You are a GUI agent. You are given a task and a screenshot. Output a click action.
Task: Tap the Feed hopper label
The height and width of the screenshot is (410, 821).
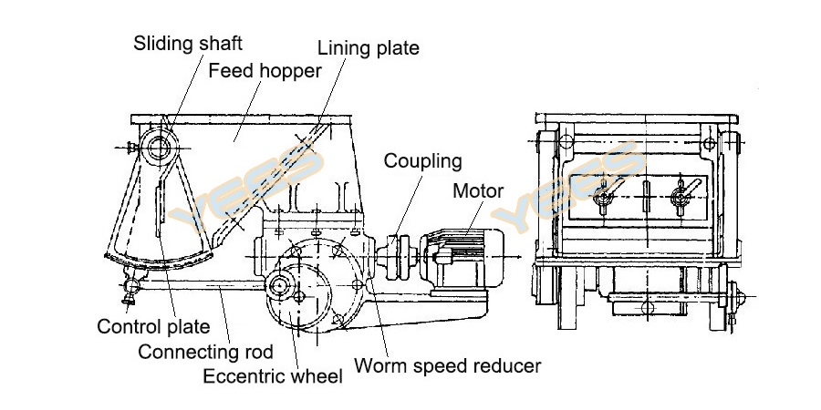(265, 71)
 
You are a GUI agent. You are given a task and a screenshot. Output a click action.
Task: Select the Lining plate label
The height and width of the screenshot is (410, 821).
(368, 47)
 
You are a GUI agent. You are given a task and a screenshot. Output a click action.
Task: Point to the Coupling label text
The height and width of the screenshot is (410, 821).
(422, 161)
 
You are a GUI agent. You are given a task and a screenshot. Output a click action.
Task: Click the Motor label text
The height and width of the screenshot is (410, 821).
(478, 190)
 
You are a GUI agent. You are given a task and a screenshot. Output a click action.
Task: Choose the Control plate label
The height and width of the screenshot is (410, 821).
(153, 326)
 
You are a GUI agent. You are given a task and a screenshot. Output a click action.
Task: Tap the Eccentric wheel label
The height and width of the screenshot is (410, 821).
(273, 375)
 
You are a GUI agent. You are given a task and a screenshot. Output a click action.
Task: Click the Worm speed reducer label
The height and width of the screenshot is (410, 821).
(447, 366)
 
